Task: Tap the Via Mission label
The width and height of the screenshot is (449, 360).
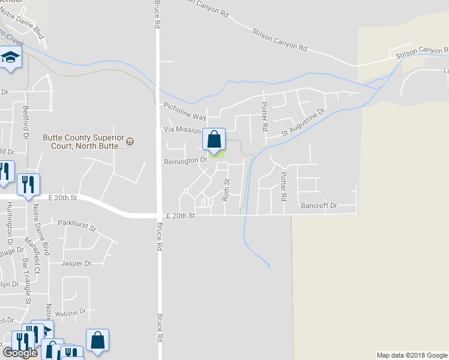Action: (x=181, y=130)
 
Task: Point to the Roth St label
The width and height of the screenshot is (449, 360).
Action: (x=227, y=189)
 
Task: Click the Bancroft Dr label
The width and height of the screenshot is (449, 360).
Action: (x=319, y=205)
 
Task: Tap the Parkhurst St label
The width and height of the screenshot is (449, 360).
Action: (x=77, y=225)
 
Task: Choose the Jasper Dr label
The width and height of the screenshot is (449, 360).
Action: (x=76, y=263)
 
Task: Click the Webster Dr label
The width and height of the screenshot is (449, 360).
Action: (x=71, y=311)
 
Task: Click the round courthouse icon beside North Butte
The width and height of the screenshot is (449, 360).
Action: (x=130, y=142)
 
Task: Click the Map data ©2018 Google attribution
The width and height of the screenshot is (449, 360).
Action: (x=412, y=355)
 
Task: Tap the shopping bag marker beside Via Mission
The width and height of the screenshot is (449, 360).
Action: (x=214, y=140)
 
